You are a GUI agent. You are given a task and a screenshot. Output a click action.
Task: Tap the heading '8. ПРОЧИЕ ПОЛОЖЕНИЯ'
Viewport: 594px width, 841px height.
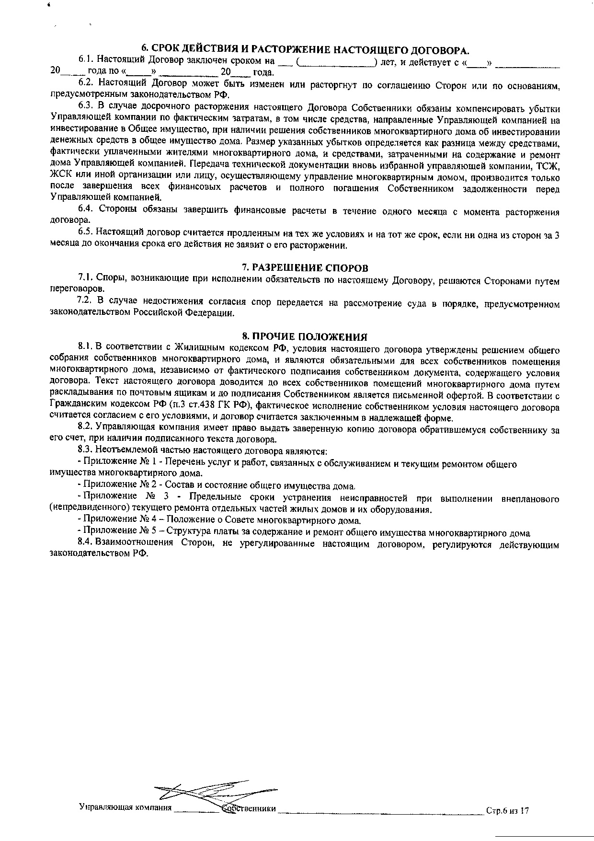[304, 336]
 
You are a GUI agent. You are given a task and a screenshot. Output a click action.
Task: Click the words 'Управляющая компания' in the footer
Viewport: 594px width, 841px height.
[125, 808]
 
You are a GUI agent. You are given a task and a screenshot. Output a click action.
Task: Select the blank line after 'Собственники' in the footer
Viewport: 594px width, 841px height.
[381, 810]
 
